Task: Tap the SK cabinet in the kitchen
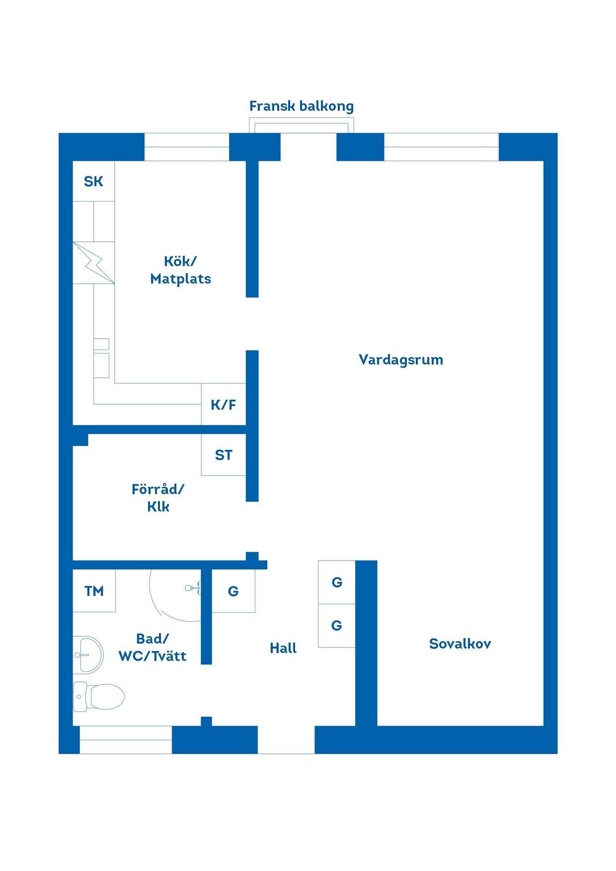click(x=94, y=181)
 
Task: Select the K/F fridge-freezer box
click(x=224, y=404)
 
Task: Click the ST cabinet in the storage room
click(x=224, y=454)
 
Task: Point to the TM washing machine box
click(x=94, y=590)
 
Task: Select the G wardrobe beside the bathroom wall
click(x=233, y=590)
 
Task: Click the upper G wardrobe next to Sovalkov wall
click(x=337, y=582)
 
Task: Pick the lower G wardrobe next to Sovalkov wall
click(x=337, y=625)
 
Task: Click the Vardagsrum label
click(x=401, y=360)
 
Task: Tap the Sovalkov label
click(x=460, y=644)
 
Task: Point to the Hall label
click(x=283, y=648)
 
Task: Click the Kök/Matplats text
click(x=180, y=270)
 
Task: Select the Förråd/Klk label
click(x=158, y=498)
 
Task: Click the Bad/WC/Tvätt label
click(x=153, y=647)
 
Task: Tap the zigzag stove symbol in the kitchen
click(x=94, y=263)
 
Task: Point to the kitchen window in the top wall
click(x=187, y=147)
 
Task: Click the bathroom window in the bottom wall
click(x=126, y=740)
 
